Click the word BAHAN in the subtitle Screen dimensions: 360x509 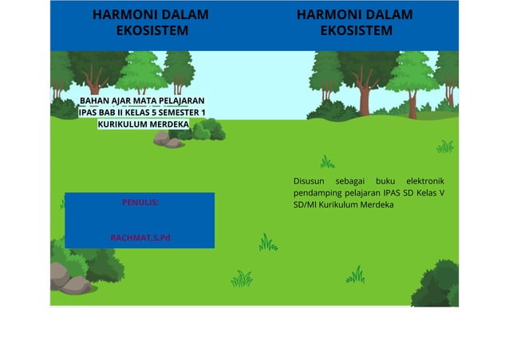click(x=95, y=101)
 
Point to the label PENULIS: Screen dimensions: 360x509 click(x=140, y=203)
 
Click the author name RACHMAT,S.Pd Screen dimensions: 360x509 click(x=140, y=237)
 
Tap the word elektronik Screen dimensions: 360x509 click(x=424, y=181)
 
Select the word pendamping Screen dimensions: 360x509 click(x=319, y=193)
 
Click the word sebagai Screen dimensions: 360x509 click(x=350, y=181)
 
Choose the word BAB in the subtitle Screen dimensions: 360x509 click(x=108, y=113)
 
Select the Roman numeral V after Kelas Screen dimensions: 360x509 click(x=442, y=193)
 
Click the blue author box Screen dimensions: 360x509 click(x=140, y=220)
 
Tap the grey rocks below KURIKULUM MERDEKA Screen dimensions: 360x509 click(x=168, y=140)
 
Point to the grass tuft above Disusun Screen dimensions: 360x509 click(x=327, y=162)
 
